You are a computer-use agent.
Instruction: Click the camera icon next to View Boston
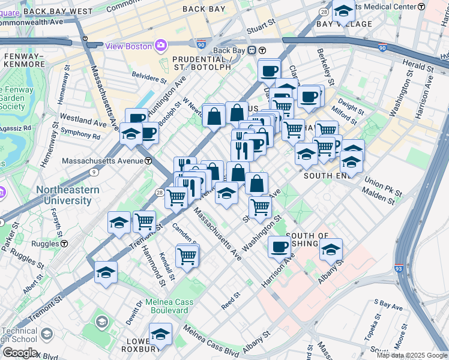click(x=160, y=46)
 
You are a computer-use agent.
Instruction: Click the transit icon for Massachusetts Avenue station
click(x=148, y=161)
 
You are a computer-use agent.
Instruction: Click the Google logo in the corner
click(x=19, y=352)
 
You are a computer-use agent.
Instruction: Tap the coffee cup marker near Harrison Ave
click(x=279, y=247)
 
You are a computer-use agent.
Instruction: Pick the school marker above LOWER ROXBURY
click(x=160, y=334)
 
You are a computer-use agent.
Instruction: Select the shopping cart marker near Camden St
click(x=187, y=256)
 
